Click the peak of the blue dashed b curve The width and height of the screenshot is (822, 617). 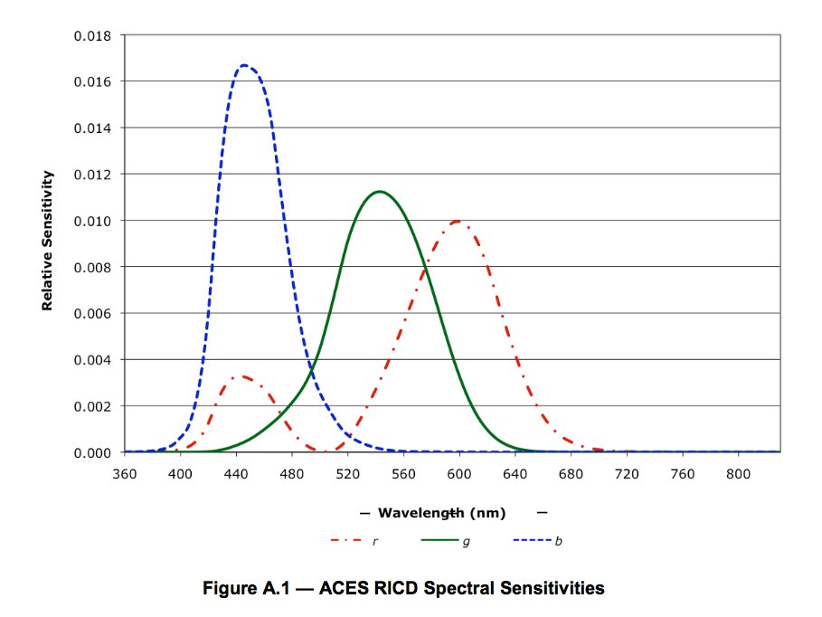click(x=243, y=65)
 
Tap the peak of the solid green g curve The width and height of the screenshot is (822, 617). click(x=380, y=191)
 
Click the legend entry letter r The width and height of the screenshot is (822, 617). click(x=374, y=541)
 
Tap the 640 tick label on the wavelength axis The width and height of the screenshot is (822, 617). click(x=515, y=473)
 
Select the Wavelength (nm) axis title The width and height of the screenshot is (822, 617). click(x=442, y=513)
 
